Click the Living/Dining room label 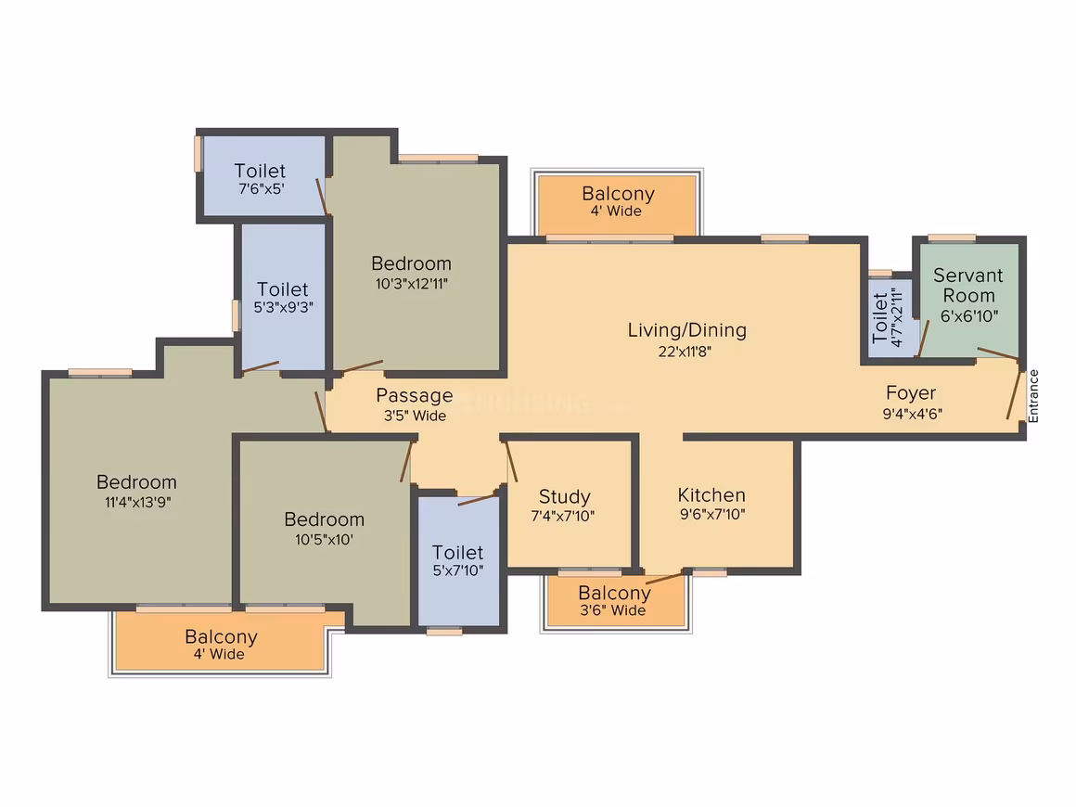click(687, 331)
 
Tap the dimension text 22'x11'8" click(685, 352)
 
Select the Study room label click(564, 497)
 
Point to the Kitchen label click(711, 494)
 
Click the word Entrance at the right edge click(1033, 396)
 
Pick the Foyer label click(911, 393)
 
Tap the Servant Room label click(968, 286)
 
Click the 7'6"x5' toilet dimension click(261, 188)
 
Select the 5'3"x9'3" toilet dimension click(283, 307)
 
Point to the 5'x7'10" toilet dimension click(457, 570)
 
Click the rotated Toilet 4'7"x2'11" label click(886, 318)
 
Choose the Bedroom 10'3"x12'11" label click(411, 273)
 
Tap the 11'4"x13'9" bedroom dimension click(137, 503)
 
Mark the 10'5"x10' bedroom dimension click(324, 540)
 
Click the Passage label click(415, 395)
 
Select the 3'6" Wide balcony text click(613, 610)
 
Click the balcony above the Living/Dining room click(617, 204)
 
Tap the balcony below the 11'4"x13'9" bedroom click(220, 641)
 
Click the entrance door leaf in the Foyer click(1014, 393)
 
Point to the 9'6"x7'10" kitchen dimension click(712, 514)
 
